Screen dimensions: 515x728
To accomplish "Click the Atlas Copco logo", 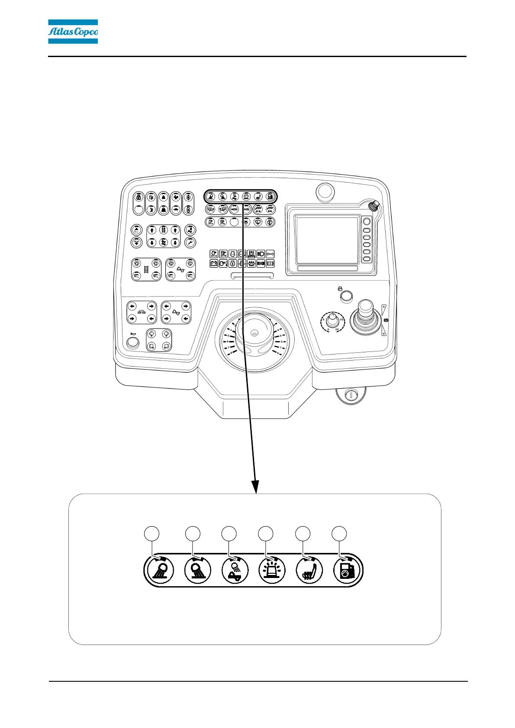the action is (x=73, y=32).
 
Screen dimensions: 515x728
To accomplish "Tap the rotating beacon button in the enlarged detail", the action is (x=271, y=570).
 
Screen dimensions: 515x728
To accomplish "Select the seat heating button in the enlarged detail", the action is (x=309, y=570).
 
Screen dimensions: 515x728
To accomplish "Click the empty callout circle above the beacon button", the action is (x=266, y=533).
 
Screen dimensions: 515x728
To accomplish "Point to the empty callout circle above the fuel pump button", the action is (x=339, y=533).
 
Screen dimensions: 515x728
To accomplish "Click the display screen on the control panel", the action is (x=328, y=240).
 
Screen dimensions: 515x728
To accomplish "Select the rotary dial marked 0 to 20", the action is (x=332, y=320).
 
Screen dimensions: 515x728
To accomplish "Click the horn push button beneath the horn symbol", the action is (x=132, y=343).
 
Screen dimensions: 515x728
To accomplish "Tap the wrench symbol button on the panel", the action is (x=190, y=243).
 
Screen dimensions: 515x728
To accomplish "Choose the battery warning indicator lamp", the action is (x=214, y=263).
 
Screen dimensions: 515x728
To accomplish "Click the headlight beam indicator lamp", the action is (x=261, y=254).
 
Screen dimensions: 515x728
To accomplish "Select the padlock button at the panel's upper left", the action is (x=138, y=197).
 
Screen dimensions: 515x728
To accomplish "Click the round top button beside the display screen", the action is (x=367, y=221).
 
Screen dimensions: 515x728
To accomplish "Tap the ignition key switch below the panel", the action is (x=351, y=394).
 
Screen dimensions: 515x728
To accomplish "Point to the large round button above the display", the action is (x=325, y=190).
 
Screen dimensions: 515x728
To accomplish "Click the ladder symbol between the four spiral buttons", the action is (x=146, y=269).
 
